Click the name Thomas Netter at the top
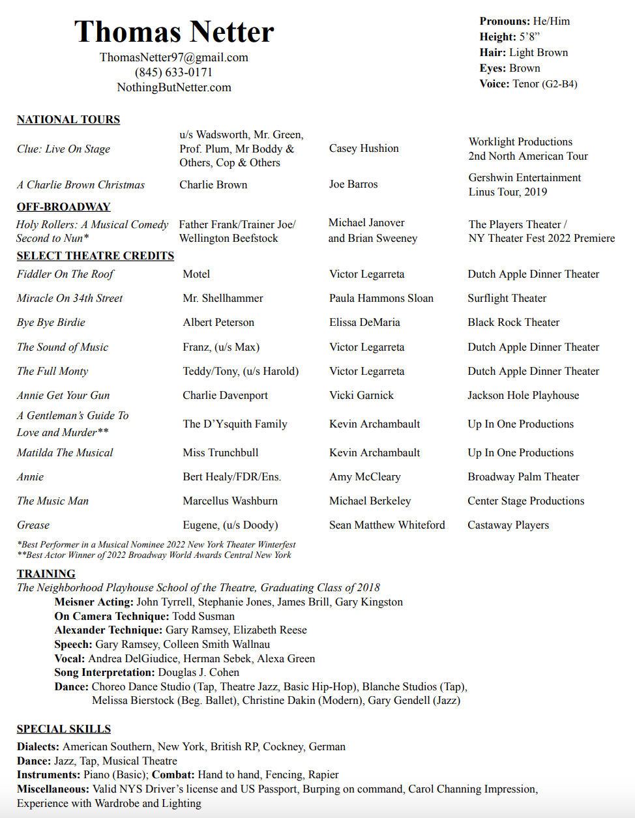pos(174,31)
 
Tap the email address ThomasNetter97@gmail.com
pos(174,57)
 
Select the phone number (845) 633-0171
pos(174,72)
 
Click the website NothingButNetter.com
pos(174,87)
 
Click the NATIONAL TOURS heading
pos(68,120)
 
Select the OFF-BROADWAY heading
pos(64,207)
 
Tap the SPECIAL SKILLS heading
pos(64,729)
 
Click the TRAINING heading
pos(46,574)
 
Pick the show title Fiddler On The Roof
pos(65,274)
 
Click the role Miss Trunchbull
pos(220,453)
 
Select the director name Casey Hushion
pos(364,149)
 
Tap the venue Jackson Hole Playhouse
pos(523,396)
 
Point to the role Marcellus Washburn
pos(230,501)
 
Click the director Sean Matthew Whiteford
pos(387,525)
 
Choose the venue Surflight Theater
pos(507,299)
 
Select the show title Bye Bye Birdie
pos(51,323)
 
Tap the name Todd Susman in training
pos(203,617)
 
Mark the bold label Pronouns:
pos(505,22)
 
